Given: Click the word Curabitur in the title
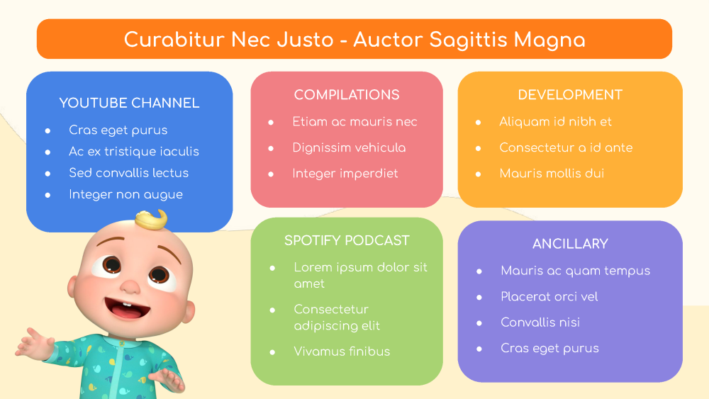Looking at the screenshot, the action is [174, 40].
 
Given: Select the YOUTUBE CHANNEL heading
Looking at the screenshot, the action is [129, 103].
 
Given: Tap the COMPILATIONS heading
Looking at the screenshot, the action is [347, 95].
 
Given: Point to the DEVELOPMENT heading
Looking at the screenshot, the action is [570, 95].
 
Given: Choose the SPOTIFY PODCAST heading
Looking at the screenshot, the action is [347, 240].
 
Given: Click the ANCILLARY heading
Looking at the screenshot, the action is [570, 244].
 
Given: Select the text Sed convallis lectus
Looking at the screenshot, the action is [129, 173].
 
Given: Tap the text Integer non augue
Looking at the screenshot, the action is [125, 195].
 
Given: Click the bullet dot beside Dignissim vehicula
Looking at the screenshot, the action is [271, 148].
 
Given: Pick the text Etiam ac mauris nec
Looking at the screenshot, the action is [354, 122].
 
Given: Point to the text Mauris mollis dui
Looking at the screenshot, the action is [552, 174].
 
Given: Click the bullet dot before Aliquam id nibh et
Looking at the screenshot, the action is [478, 123].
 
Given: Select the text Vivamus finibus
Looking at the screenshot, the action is [342, 352].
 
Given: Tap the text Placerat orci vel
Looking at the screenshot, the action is [549, 296].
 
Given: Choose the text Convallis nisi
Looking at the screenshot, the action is [540, 322].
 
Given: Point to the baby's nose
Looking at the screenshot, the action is [130, 286].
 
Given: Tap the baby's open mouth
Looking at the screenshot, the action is [128, 308].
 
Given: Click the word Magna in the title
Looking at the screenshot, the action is [549, 40].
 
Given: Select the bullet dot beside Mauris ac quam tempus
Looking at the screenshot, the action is [479, 271].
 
